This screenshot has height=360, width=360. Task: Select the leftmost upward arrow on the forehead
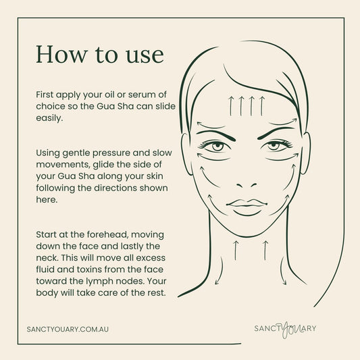pos(232,104)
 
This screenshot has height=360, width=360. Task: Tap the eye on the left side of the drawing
pos(217,146)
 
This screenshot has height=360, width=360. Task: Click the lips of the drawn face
pos(247,205)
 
